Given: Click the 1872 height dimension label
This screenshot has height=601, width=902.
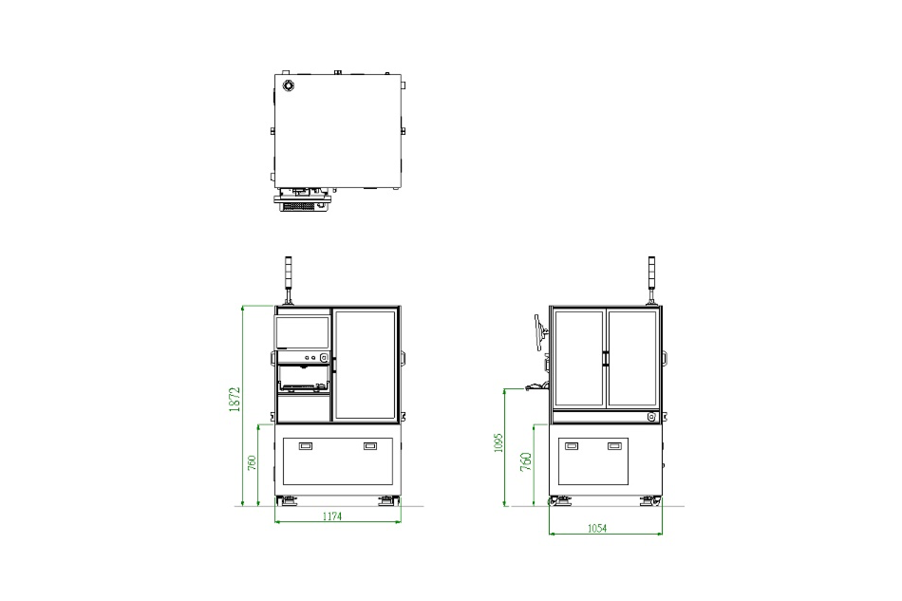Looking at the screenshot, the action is [235, 399].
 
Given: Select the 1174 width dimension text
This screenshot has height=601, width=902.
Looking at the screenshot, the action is [332, 516].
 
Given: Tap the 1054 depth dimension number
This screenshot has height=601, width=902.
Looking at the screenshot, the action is [597, 528].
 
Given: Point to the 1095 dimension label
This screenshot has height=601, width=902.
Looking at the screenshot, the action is [498, 442].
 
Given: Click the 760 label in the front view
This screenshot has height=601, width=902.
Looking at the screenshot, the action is [252, 463].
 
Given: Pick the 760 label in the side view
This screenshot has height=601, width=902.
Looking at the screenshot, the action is [526, 461].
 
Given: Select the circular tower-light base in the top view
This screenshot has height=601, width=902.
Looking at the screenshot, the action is [288, 85].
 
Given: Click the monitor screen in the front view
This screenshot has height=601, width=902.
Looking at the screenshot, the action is [303, 332].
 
